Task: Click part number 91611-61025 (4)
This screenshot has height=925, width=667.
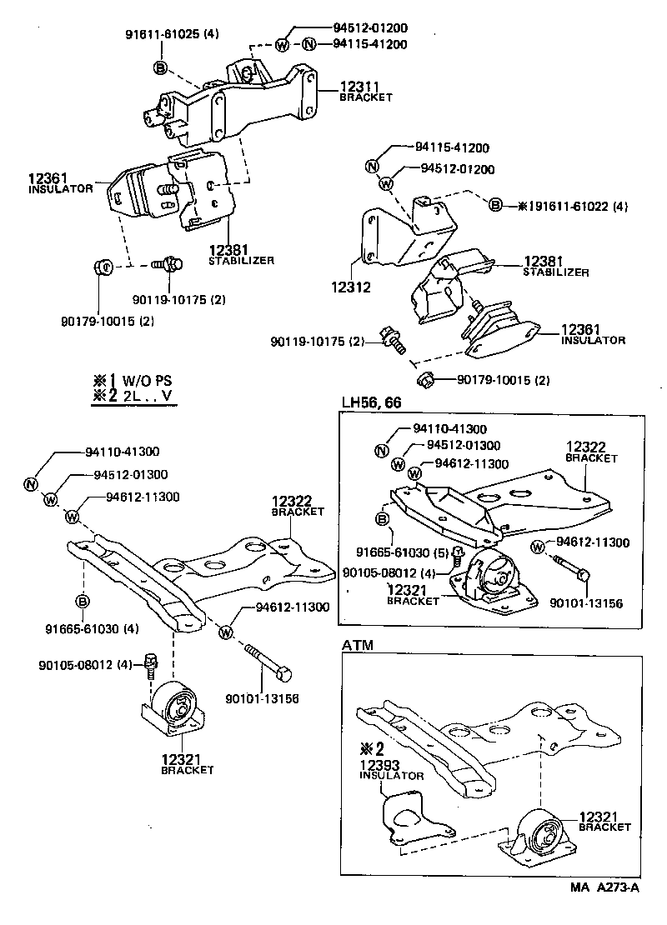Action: (x=172, y=35)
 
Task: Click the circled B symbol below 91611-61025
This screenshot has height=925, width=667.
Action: (x=160, y=67)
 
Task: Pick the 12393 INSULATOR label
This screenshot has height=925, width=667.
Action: (x=392, y=768)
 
